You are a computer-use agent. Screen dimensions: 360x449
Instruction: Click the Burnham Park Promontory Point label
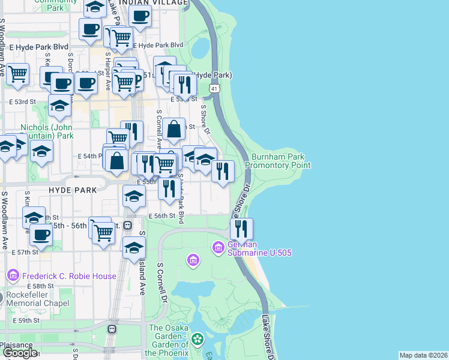(277, 161)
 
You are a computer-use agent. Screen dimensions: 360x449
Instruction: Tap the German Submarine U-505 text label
(259, 248)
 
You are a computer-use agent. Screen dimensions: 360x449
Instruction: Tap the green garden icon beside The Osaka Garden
(197, 340)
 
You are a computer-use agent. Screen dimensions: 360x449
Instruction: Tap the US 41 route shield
(214, 88)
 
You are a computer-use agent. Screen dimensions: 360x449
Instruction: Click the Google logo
(20, 353)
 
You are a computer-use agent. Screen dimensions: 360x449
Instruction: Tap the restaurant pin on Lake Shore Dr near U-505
(241, 228)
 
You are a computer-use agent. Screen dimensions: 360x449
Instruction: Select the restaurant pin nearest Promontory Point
(223, 171)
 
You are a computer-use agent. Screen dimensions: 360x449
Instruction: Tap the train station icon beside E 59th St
(112, 329)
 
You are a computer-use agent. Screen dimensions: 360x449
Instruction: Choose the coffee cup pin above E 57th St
(41, 235)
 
